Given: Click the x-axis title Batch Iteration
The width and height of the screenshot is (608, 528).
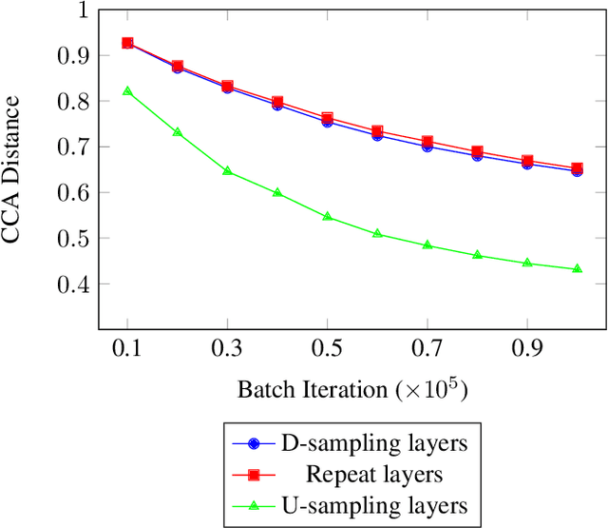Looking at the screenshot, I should [352, 390].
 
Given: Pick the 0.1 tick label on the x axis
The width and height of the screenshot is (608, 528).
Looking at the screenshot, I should [128, 350].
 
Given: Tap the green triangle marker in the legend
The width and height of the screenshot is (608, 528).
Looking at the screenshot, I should [255, 503].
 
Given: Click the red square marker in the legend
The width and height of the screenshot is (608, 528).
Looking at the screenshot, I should [255, 474].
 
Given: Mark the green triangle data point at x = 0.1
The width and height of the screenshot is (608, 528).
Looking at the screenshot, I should [128, 91].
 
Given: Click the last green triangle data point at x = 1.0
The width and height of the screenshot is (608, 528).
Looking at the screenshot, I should [578, 269].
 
